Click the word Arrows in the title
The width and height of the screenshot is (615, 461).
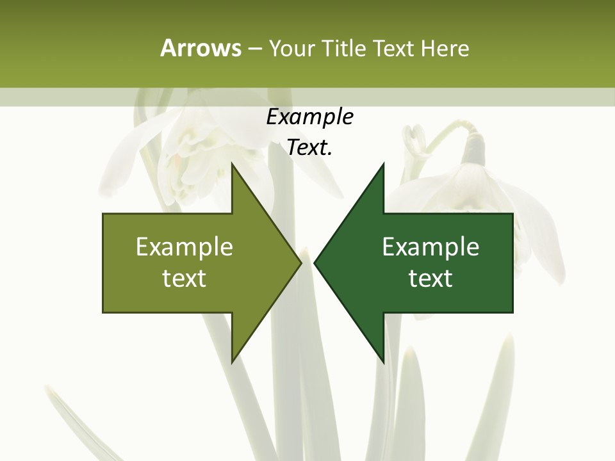[x=200, y=48]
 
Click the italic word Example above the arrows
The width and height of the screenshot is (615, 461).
[x=309, y=117]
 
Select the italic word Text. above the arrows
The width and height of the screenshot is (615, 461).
[x=309, y=148]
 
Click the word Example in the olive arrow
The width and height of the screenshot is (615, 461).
[x=184, y=247]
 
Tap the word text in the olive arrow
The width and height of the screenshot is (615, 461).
[x=184, y=279]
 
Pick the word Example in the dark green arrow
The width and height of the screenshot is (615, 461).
[x=430, y=247]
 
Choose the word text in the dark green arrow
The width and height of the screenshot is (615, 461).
[x=430, y=279]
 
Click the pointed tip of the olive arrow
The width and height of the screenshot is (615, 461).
[x=300, y=263]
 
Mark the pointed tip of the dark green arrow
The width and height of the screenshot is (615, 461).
[x=316, y=263]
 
